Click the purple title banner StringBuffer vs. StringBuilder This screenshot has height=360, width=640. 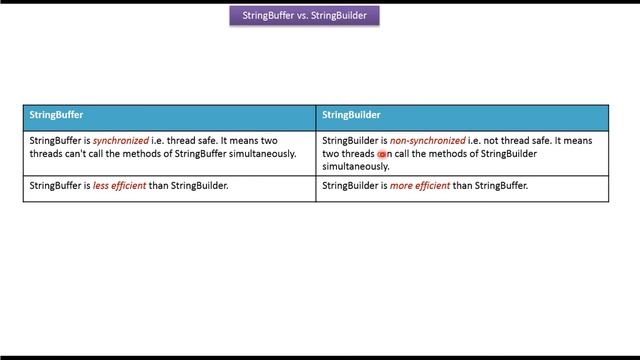tap(304, 16)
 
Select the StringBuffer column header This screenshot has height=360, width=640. tap(56, 115)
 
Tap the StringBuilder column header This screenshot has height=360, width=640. tap(351, 115)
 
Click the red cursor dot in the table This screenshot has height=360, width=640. tap(382, 155)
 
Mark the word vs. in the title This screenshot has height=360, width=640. tap(302, 16)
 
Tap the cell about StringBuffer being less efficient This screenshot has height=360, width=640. tap(169, 187)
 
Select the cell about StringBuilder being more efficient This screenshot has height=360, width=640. tap(462, 187)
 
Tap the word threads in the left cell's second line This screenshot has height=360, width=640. tap(46, 154)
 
